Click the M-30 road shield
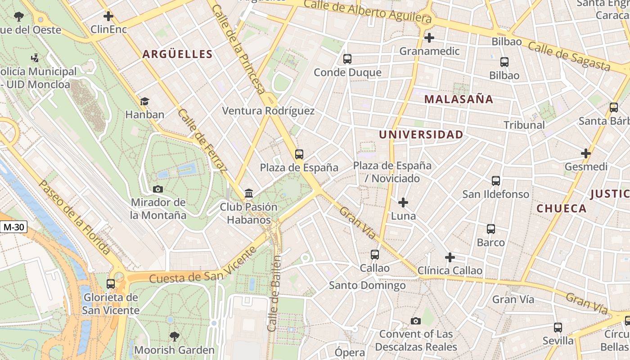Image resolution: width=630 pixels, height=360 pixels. click(x=13, y=227)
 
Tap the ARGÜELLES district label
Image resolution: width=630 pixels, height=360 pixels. click(x=177, y=54)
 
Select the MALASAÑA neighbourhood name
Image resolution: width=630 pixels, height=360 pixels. click(x=459, y=99)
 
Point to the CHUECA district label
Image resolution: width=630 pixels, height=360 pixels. click(x=561, y=208)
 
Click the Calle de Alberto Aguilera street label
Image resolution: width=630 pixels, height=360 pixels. click(x=368, y=11)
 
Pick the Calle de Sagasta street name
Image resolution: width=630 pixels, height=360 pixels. click(x=569, y=56)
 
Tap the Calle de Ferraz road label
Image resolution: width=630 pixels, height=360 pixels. click(x=201, y=140)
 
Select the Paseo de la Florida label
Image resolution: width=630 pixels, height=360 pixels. click(x=74, y=217)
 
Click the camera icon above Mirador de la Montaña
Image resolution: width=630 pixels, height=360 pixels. click(x=158, y=189)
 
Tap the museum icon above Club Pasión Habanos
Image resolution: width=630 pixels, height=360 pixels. click(x=248, y=193)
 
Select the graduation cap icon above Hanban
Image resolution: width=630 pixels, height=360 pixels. click(x=144, y=101)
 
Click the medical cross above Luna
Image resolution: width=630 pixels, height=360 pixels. click(x=403, y=202)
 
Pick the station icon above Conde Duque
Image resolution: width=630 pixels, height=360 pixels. click(x=347, y=58)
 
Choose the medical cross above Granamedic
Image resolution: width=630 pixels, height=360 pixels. click(x=429, y=37)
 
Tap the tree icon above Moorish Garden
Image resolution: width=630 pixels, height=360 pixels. click(x=174, y=336)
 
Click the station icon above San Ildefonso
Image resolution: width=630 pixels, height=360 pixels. click(x=495, y=181)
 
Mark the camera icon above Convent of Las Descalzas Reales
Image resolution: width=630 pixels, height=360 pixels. click(x=416, y=321)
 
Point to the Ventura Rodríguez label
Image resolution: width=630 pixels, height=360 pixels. click(x=268, y=111)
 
